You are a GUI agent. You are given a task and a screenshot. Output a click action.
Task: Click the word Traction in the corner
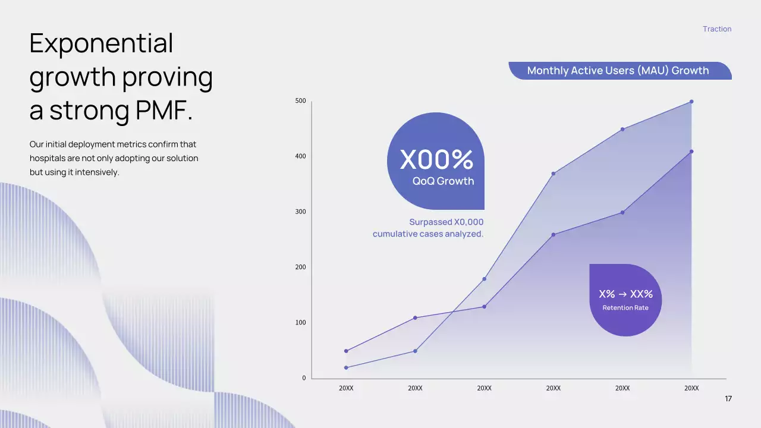717,29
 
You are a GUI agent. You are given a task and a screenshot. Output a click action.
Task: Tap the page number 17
728,398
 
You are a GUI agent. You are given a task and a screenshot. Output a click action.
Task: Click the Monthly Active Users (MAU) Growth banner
620,71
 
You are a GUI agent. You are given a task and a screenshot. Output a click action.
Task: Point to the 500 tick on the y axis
301,100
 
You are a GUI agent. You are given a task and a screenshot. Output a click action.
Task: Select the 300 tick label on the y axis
301,212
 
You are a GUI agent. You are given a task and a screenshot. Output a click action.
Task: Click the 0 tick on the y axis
304,377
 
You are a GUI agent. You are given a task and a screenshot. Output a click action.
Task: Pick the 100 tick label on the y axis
301,322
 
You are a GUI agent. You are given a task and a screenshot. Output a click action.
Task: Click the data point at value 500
691,102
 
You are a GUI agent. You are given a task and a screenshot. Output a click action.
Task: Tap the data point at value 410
691,152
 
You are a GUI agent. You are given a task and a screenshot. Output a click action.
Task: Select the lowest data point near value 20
346,367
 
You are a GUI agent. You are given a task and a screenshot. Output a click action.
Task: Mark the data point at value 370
554,174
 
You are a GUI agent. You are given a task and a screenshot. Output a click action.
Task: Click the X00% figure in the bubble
436,159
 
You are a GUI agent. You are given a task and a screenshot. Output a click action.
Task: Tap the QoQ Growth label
443,181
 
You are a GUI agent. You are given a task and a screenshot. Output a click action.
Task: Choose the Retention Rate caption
625,308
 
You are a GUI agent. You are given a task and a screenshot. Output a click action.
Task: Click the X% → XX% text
626,294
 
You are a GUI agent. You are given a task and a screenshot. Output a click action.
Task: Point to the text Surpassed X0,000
446,222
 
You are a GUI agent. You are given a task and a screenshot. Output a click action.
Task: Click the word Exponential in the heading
101,43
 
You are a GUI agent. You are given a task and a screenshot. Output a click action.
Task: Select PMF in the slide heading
164,110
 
